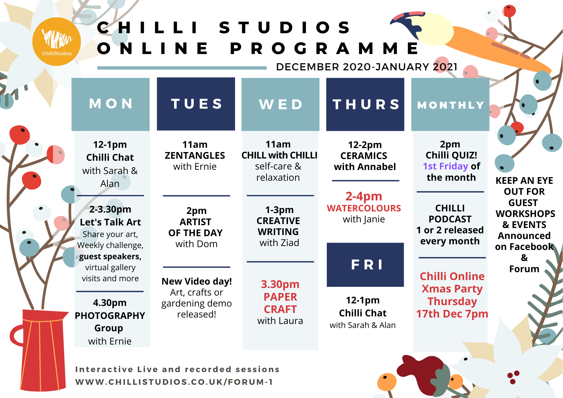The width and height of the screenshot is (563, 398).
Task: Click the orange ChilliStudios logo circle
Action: coord(57,42)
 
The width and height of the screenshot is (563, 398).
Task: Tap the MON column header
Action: coord(111,104)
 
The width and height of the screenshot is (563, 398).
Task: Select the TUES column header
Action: coord(196,104)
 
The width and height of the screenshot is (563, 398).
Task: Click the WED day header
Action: coord(280,104)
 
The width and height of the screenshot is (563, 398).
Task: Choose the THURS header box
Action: coord(365,104)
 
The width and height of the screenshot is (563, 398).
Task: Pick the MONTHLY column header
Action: coord(450,104)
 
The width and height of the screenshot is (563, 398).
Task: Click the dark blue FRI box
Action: coord(365,265)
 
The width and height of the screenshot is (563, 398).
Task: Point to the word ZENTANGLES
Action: coord(195,156)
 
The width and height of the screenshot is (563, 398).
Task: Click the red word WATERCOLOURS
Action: coord(364,208)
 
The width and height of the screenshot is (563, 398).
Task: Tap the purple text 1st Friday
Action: coord(445,166)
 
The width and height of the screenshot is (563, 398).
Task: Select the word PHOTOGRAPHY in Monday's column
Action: coord(110,316)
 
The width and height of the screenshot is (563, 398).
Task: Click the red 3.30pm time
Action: coord(280,284)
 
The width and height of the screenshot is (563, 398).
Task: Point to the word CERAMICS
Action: coord(364,156)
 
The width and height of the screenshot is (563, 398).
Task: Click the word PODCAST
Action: coord(450,219)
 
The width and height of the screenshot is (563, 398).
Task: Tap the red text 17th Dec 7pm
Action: coord(452,314)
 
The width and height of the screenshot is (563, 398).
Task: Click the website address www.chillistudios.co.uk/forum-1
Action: coord(174,382)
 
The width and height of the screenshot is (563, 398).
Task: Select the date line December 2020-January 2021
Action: coord(367,67)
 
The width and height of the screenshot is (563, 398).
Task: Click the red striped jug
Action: coord(40,350)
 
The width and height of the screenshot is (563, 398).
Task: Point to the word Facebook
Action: coord(524,247)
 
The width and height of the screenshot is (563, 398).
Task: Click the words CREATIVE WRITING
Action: coord(278,226)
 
